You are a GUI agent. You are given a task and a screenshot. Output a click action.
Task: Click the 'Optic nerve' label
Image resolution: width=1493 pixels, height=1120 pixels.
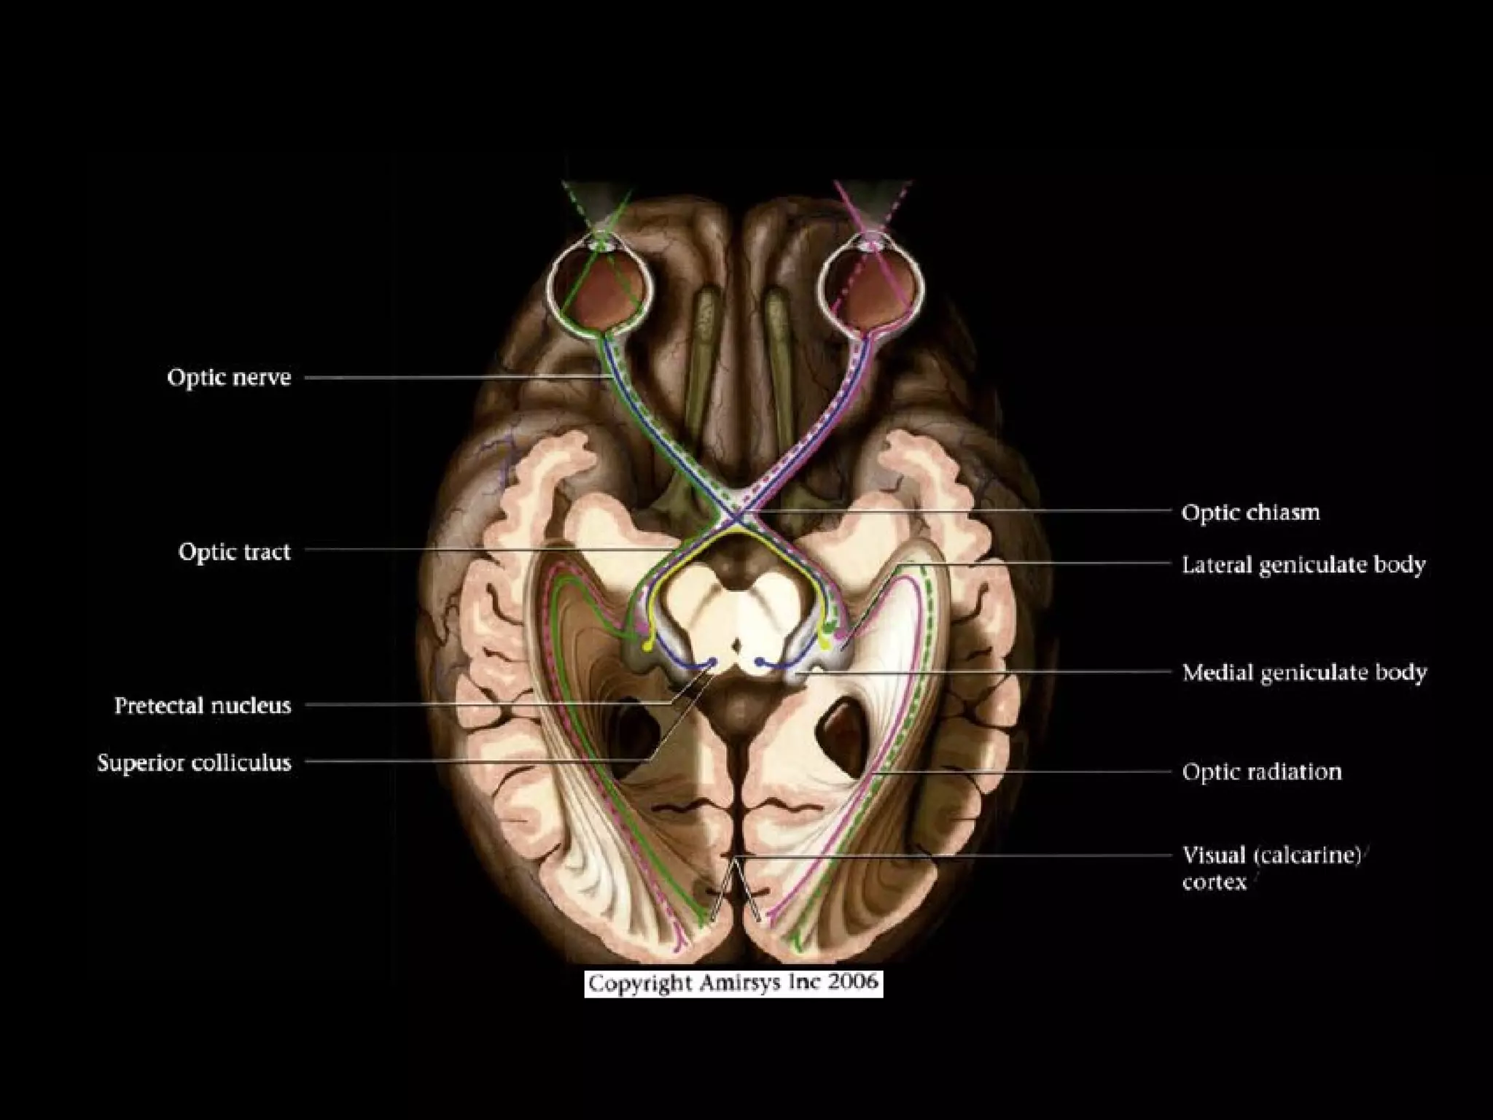pos(229,378)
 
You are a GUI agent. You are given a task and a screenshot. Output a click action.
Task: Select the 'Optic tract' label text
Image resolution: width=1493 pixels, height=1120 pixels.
pos(234,552)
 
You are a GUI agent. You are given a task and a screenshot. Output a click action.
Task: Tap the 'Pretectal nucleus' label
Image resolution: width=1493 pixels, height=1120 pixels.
pos(203,706)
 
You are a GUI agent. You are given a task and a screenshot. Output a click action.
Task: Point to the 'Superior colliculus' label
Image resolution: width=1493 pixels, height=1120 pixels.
pos(194,763)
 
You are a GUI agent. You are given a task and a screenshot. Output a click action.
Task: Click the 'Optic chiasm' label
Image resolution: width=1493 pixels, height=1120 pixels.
pos(1250,513)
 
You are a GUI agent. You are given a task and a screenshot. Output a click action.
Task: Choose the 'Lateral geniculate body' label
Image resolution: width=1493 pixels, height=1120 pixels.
pos(1303,565)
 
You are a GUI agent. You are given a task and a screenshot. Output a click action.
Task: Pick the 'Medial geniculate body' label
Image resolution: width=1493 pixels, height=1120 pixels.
pos(1304,672)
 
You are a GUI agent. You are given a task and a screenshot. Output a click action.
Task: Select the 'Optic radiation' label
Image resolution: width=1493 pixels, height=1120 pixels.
pos(1262,771)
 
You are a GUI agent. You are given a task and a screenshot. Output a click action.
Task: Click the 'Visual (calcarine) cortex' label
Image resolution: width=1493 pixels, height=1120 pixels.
pos(1271,868)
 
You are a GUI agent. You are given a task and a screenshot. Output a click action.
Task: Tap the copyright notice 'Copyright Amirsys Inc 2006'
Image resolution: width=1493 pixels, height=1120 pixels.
pos(733,984)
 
